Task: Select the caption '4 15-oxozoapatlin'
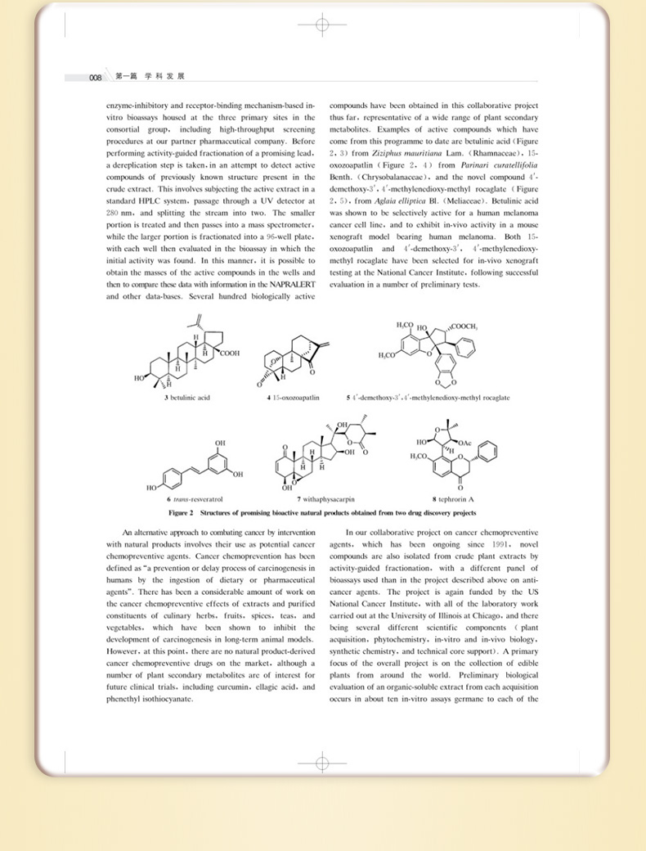(293, 398)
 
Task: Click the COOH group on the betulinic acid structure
(229, 354)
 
